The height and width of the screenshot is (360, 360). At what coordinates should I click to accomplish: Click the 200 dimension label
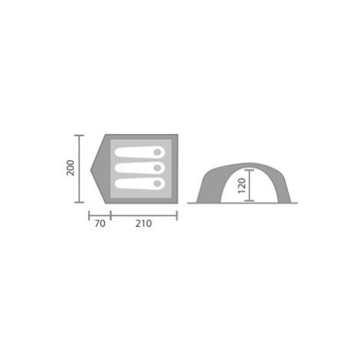click(70, 168)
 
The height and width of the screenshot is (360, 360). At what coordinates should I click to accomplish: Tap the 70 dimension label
click(100, 224)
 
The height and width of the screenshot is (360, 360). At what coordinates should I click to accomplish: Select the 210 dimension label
click(143, 224)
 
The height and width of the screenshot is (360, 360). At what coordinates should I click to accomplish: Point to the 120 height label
click(241, 185)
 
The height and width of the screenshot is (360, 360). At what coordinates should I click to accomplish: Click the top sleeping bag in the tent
click(139, 152)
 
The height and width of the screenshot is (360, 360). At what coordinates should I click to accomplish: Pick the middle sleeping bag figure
click(139, 168)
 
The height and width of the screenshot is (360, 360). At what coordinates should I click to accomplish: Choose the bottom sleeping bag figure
click(139, 183)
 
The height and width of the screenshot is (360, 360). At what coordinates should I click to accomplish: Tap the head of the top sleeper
click(157, 152)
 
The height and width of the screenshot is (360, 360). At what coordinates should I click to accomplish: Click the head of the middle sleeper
click(157, 168)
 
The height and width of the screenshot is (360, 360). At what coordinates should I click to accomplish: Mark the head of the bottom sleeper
click(157, 183)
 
